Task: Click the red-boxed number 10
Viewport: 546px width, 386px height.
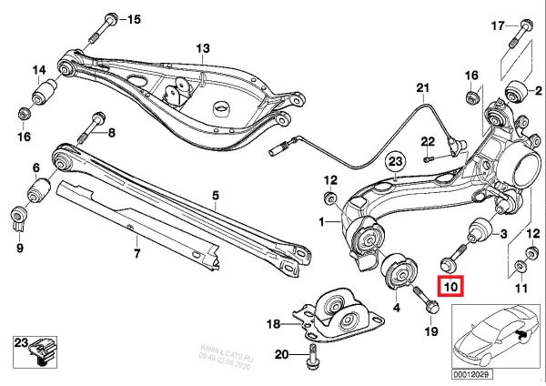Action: pos(451,287)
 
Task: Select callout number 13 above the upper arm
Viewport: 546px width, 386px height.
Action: pos(201,47)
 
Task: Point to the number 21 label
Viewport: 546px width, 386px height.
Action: pos(421,88)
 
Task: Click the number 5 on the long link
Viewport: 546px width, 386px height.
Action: pos(217,195)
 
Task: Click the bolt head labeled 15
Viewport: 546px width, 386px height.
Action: pos(109,19)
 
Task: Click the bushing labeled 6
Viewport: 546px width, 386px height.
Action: pos(40,192)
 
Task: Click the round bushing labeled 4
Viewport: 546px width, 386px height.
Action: pos(398,270)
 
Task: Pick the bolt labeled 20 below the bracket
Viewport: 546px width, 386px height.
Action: pos(311,360)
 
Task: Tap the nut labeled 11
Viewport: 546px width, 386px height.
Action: pos(519,265)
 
